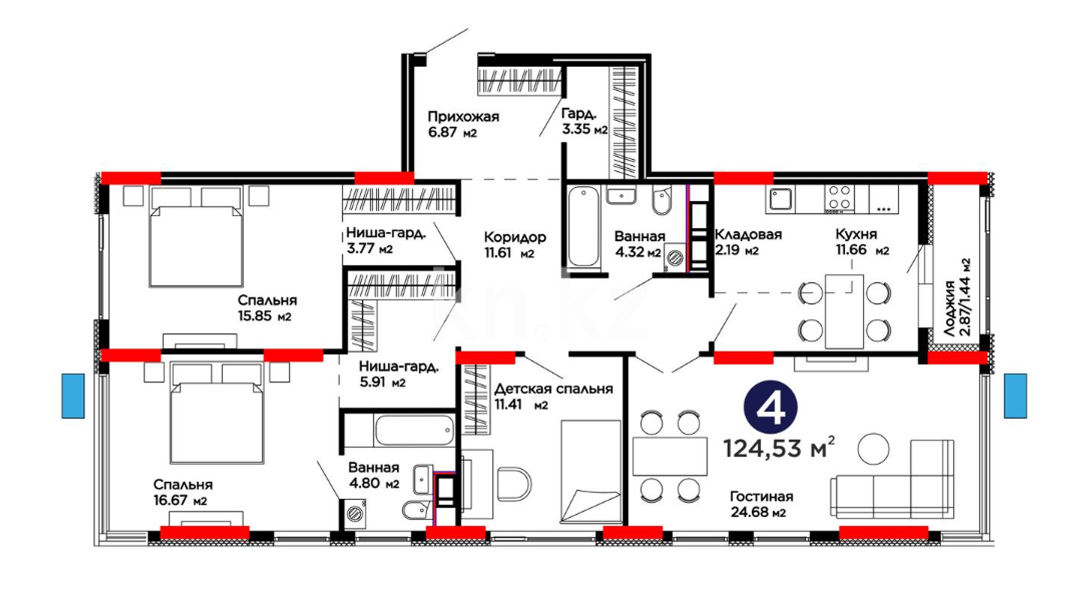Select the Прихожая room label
463,117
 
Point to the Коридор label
515,237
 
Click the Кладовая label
748,235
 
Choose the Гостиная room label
761,497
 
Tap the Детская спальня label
553,389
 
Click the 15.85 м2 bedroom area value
264,316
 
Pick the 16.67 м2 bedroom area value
180,500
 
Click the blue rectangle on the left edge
73,396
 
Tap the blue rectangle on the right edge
1016,396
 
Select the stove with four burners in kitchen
839,198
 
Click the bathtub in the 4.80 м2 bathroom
415,431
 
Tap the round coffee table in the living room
873,449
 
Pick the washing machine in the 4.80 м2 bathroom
356,513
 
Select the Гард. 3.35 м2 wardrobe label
584,121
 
